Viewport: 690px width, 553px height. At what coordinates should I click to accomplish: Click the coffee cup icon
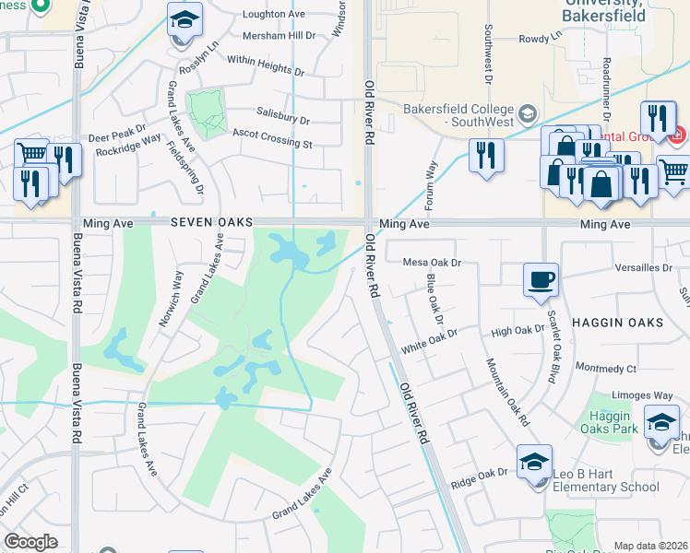point(541,277)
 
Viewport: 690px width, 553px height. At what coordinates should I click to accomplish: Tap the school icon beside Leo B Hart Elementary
point(534,461)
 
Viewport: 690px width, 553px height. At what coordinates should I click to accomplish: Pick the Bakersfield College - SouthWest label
point(458,116)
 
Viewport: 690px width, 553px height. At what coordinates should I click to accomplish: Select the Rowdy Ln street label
point(540,39)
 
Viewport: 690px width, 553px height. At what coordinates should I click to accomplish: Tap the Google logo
point(31,542)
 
